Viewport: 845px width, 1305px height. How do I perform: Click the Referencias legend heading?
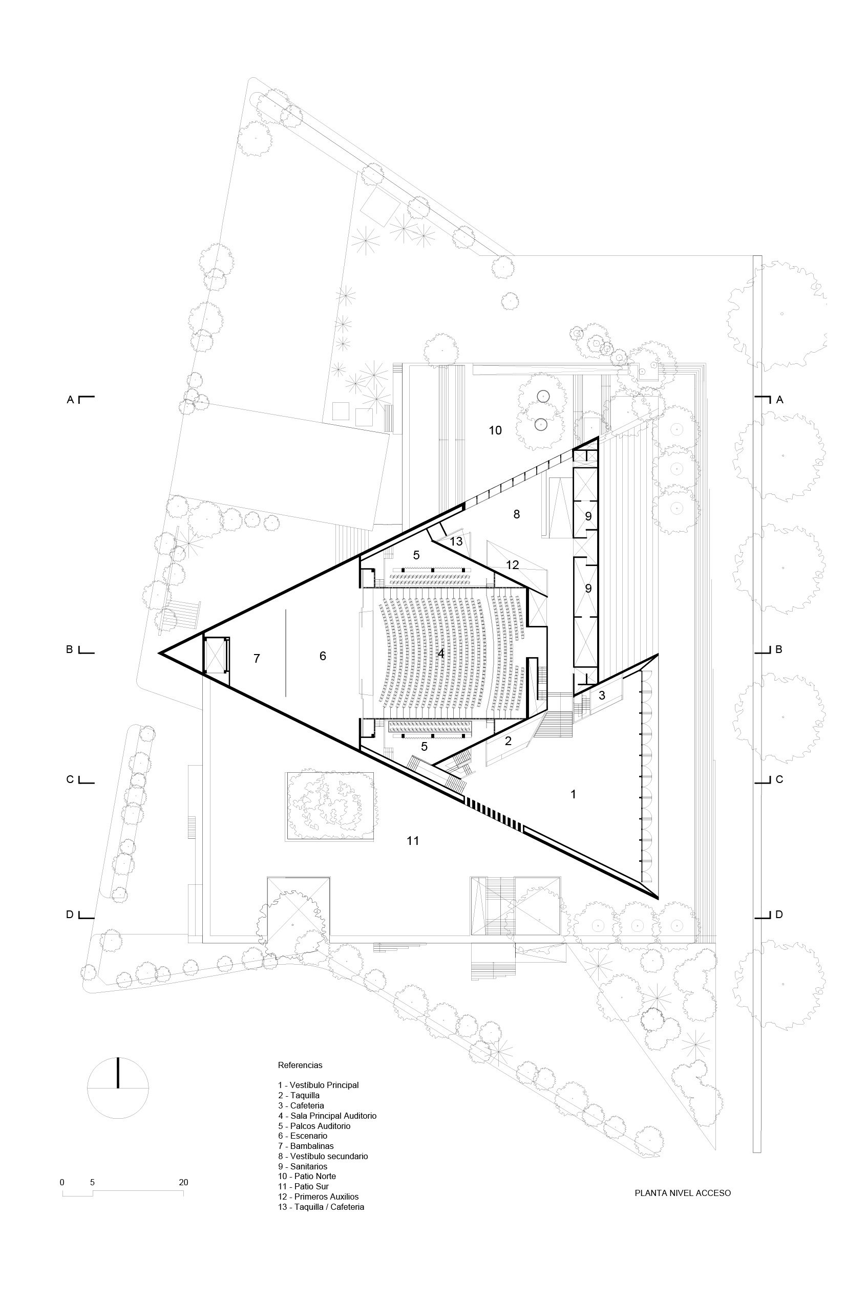coord(300,1065)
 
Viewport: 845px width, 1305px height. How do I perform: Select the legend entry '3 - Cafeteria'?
coord(301,1105)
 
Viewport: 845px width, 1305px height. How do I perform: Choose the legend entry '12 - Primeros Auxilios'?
coord(318,1197)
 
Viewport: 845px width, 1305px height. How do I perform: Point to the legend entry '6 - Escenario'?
coord(302,1136)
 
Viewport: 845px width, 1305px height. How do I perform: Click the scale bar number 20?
coord(183,1183)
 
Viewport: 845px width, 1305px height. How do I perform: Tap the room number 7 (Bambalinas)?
coord(257,659)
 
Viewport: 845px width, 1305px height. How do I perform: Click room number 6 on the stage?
coord(323,656)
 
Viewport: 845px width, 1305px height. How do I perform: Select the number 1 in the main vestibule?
coord(574,793)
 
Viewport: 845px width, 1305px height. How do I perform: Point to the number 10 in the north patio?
coord(495,430)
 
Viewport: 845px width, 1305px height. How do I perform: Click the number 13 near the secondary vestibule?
coord(456,542)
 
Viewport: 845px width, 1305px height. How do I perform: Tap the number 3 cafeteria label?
coord(602,696)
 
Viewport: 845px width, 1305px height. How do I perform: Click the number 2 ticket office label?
coord(508,742)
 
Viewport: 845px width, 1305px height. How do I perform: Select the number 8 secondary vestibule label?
coord(516,514)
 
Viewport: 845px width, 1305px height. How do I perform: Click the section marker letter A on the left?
coord(70,400)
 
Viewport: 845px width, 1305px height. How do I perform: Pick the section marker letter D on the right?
coord(779,915)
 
